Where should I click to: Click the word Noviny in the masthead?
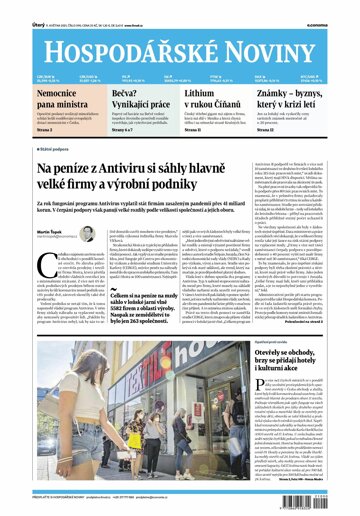(273, 35)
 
